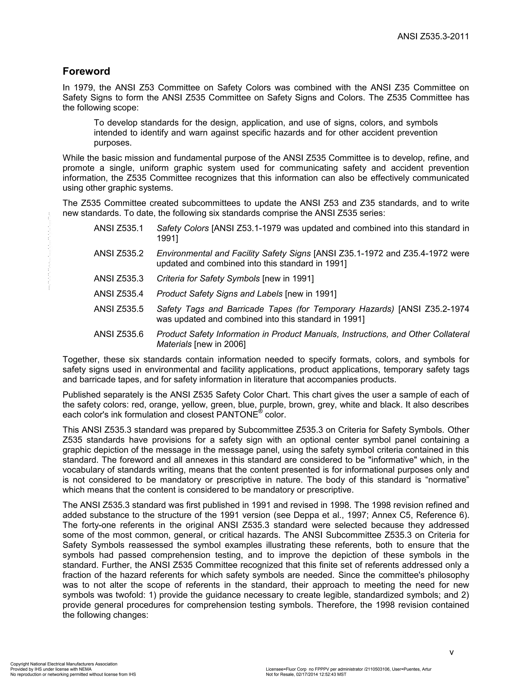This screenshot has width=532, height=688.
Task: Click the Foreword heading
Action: [x=86, y=71]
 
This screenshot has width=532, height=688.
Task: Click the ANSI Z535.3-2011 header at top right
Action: [x=433, y=37]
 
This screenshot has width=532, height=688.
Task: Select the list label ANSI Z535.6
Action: [x=118, y=334]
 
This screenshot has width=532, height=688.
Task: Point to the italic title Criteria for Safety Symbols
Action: [x=208, y=279]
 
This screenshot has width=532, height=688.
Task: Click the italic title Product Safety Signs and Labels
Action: [x=219, y=294]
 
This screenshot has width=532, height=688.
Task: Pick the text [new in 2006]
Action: [x=220, y=344]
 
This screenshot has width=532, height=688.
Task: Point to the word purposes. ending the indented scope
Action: [x=112, y=143]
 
